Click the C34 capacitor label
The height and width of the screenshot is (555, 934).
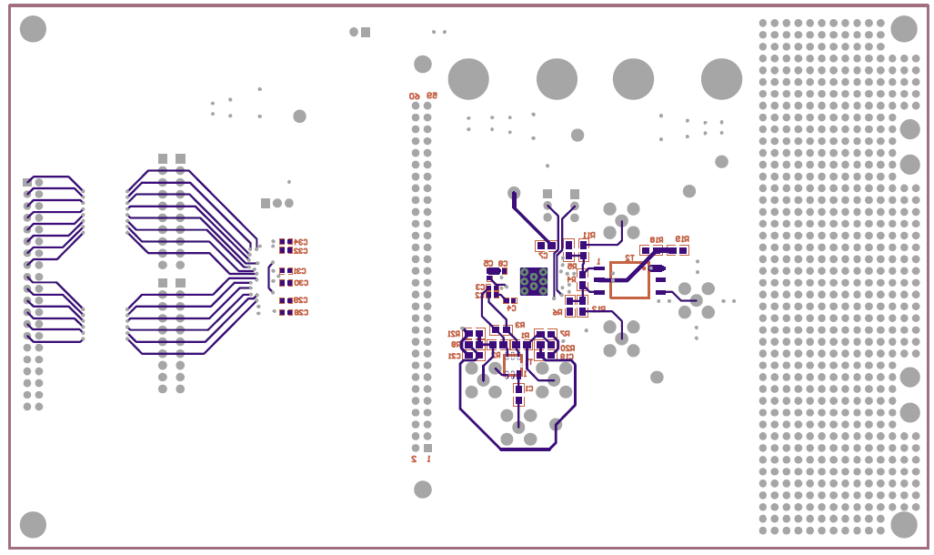[x=299, y=241]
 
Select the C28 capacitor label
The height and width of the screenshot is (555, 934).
[x=299, y=312]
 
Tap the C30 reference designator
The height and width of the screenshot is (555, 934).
[x=299, y=282]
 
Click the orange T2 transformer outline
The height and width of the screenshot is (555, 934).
[x=629, y=280]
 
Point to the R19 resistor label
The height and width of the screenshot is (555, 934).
[x=681, y=240]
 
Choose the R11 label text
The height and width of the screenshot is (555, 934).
[x=588, y=235]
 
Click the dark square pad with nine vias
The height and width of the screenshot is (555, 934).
[x=534, y=281]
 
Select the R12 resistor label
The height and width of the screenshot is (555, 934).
[x=598, y=308]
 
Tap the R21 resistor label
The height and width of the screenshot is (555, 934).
[x=455, y=334]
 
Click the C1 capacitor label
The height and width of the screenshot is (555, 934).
[x=529, y=388]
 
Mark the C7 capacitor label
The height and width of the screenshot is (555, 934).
[x=543, y=256]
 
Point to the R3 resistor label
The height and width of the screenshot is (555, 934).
[x=519, y=325]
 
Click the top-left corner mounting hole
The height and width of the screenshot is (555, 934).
[x=33, y=29]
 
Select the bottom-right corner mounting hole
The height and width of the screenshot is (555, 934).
[x=903, y=524]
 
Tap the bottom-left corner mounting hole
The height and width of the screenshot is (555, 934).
[x=33, y=524]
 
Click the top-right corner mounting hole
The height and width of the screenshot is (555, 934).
[x=903, y=29]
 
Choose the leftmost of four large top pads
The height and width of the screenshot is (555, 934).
[x=468, y=79]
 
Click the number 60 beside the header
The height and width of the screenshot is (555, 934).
[x=415, y=96]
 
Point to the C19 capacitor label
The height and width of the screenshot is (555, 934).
[x=567, y=357]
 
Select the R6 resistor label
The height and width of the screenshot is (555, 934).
[x=557, y=311]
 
